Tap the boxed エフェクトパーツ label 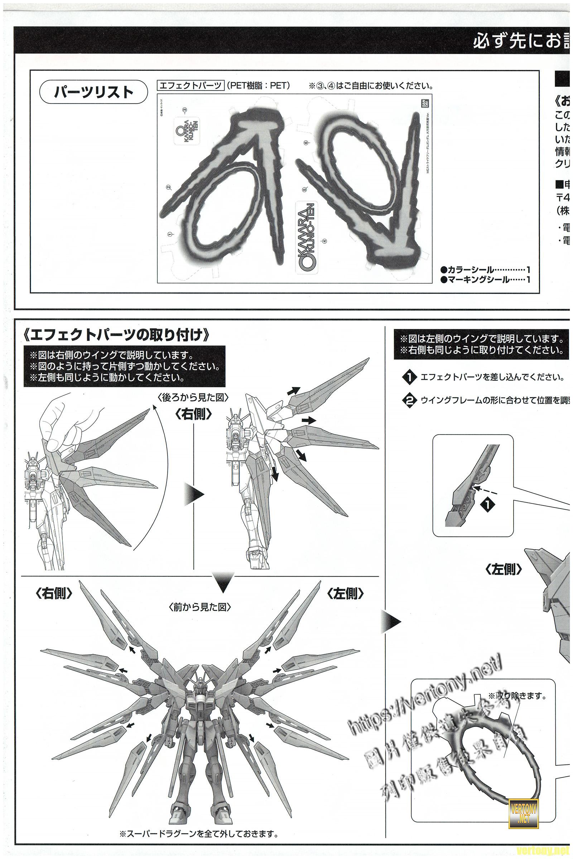pos(190,86)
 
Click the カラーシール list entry pos(485,270)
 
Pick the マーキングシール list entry pos(485,280)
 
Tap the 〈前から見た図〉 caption pos(200,607)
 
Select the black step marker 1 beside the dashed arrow pos(489,505)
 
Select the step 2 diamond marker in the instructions pos(409,400)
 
